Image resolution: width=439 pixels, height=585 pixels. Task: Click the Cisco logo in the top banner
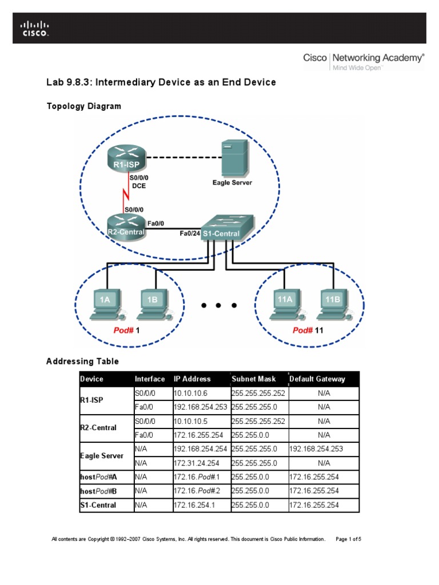35,29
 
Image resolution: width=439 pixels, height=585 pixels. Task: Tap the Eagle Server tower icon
233,157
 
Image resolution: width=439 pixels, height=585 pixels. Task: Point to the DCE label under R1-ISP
139,186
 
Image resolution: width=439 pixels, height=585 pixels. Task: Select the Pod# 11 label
308,330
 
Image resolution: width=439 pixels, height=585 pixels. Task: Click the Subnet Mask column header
253,379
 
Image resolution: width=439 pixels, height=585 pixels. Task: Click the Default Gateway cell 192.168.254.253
324,449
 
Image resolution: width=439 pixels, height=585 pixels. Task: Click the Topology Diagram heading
83,106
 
